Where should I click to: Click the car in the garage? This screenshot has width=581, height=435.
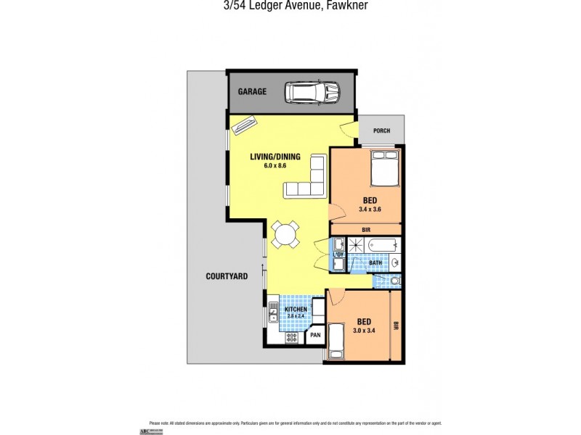(x=313, y=92)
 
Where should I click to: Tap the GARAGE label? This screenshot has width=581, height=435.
(x=253, y=92)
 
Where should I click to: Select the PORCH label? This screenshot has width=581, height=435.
(x=381, y=130)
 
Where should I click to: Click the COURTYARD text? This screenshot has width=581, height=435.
(x=227, y=276)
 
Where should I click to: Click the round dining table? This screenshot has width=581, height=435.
(x=285, y=234)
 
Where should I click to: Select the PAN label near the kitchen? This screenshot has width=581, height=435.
(x=315, y=335)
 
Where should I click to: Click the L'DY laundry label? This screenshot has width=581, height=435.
(x=338, y=254)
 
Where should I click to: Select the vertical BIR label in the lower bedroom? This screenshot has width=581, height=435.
(x=397, y=326)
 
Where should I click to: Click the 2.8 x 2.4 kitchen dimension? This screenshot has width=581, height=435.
(x=295, y=317)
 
